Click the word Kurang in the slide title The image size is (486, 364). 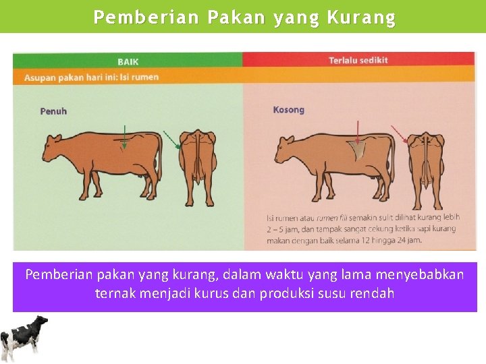361,18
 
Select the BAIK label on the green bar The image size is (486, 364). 128,61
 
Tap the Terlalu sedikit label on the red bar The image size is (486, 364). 358,61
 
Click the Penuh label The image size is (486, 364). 53,111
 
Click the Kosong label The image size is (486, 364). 288,110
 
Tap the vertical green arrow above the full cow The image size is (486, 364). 125,135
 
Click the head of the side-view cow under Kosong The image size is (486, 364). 283,145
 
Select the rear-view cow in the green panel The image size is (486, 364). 198,158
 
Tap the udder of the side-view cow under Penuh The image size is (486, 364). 143,177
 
